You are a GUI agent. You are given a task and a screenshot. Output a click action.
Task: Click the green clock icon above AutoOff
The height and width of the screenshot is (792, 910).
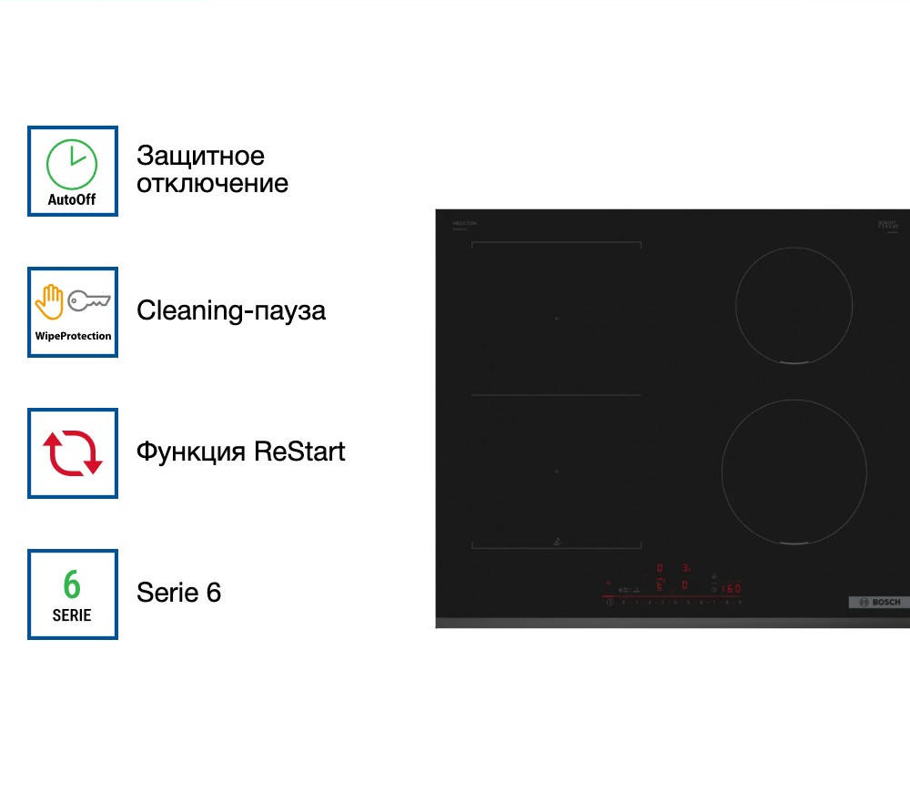pos(72,164)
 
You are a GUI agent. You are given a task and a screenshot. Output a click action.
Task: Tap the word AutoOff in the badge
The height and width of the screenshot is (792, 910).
pos(72,199)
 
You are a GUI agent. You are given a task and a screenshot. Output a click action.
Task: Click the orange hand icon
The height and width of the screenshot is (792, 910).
pos(49,302)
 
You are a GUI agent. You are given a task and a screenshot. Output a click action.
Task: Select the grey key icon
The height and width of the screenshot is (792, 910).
pos(89,300)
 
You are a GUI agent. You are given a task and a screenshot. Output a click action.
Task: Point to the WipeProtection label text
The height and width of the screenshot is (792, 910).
pos(73,336)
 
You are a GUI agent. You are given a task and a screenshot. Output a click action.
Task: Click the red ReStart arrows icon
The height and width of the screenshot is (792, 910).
pos(73,452)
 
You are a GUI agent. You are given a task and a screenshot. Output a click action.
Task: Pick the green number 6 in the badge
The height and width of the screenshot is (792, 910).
pos(72,584)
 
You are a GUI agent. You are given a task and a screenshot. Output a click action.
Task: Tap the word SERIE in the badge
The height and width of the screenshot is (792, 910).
pos(72,615)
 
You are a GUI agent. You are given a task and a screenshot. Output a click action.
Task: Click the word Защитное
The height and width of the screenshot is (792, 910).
pos(200,156)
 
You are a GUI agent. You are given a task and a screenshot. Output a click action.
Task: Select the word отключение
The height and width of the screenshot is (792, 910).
pos(212,183)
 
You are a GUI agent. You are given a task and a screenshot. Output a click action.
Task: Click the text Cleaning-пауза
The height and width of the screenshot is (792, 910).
pos(230,310)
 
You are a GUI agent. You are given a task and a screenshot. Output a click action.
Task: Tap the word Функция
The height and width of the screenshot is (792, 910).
pos(191,452)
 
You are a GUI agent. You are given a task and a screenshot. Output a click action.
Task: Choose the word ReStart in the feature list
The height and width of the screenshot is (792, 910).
pos(299,452)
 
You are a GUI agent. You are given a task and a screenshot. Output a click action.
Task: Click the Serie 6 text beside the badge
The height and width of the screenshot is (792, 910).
pos(178,593)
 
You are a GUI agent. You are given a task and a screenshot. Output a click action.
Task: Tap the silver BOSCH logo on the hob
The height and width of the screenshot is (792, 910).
pos(878,603)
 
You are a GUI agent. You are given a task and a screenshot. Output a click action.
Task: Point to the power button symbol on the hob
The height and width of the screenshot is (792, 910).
pos(610,602)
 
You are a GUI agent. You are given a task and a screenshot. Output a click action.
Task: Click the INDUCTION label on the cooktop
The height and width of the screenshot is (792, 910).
pos(464,223)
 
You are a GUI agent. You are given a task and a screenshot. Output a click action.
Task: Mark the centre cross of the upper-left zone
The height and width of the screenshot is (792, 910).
pos(556,319)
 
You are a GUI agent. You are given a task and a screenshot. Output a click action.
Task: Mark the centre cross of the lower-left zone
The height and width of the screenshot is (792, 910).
pos(556,472)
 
